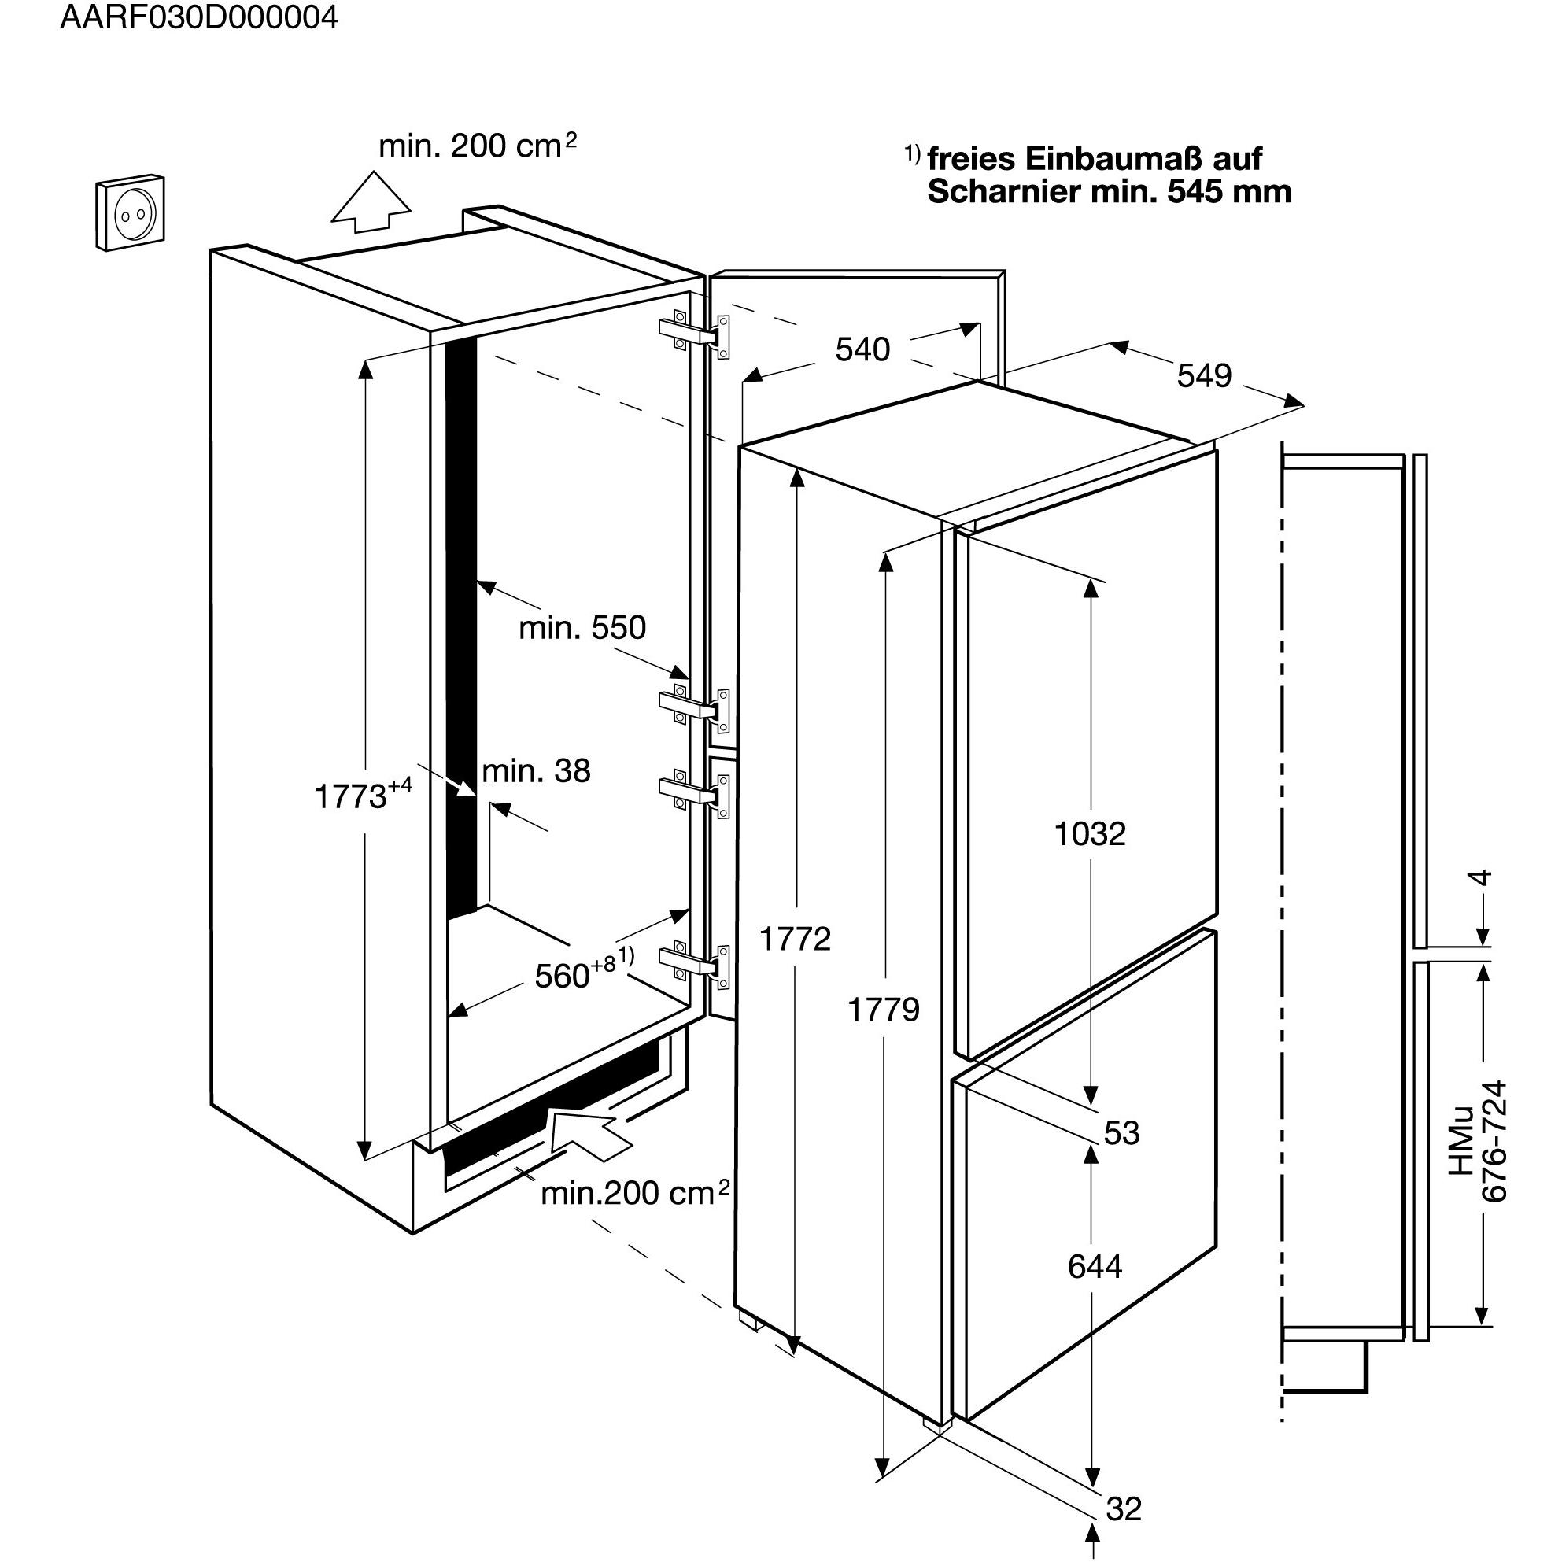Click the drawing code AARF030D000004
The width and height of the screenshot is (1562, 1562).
click(199, 18)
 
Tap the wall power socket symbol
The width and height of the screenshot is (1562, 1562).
click(129, 213)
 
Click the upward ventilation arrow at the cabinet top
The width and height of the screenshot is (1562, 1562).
click(372, 202)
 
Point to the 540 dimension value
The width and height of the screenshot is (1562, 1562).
click(862, 349)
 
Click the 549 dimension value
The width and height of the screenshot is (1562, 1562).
click(1204, 375)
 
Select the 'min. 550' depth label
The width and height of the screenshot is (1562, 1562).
click(582, 627)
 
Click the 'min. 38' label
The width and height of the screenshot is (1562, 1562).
click(536, 771)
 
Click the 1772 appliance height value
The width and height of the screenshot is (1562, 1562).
click(795, 939)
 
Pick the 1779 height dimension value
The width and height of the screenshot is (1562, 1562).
click(884, 1010)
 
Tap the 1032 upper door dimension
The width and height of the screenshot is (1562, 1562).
click(1090, 833)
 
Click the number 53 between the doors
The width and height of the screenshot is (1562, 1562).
click(1122, 1132)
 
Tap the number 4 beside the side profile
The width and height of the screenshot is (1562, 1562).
click(1480, 877)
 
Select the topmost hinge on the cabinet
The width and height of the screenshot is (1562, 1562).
click(695, 335)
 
